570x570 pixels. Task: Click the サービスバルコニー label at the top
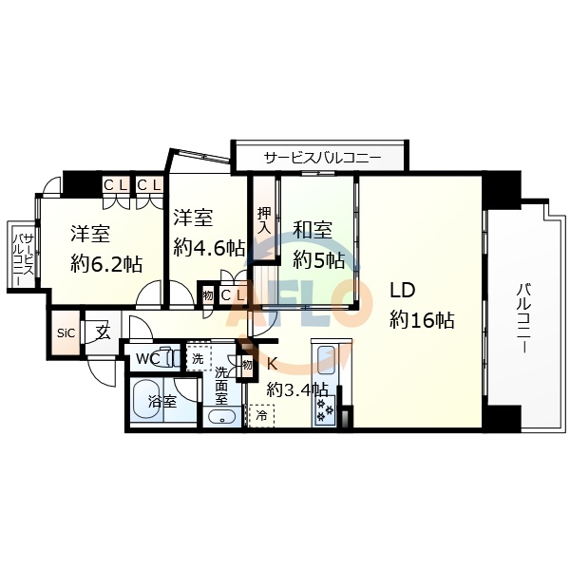[x=322, y=157]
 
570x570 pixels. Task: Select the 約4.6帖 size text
[x=209, y=247]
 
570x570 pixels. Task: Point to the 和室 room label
[x=312, y=230]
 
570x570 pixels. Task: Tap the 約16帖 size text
[x=421, y=320]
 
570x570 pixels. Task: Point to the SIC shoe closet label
[x=66, y=332]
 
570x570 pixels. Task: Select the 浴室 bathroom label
[x=162, y=402]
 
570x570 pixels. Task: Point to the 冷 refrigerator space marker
[x=259, y=415]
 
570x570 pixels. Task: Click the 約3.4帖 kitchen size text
[x=297, y=389]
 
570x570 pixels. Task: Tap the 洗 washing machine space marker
[x=198, y=359]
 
